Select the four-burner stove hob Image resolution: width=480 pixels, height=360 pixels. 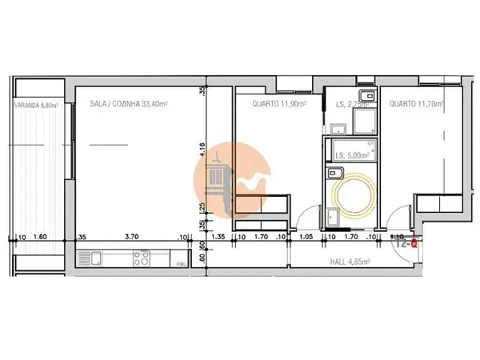pyautogui.click(x=143, y=258)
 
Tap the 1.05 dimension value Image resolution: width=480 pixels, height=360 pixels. pyautogui.click(x=305, y=237)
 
